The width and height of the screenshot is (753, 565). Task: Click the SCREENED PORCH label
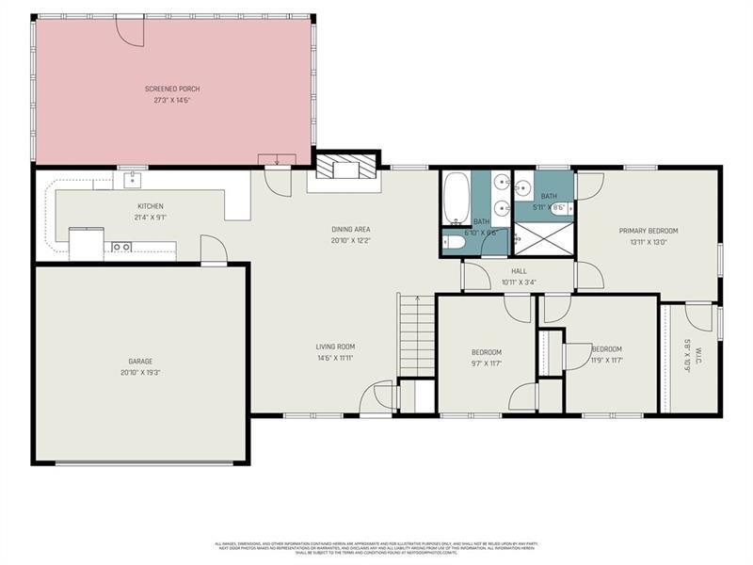coord(172,89)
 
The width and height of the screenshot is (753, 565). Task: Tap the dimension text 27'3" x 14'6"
coord(172,99)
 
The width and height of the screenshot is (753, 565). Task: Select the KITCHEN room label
coord(151,206)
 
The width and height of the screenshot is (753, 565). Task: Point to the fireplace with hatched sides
coord(343,168)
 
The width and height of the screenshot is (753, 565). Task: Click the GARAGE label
coord(140,361)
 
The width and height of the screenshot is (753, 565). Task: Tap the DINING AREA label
coord(349,230)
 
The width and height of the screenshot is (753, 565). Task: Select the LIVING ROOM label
coord(334,347)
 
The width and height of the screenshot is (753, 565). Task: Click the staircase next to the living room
coord(415,335)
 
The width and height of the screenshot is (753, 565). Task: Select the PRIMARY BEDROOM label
coord(648,231)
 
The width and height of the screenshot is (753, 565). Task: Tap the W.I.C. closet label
coord(687,345)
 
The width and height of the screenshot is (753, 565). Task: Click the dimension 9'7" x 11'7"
coord(486,363)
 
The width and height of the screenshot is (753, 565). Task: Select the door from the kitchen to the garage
coord(214,251)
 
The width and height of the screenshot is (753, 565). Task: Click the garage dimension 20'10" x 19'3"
coord(140,372)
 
